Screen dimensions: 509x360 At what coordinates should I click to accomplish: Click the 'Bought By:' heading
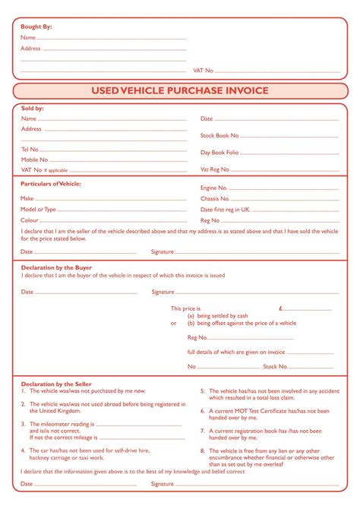coord(36,27)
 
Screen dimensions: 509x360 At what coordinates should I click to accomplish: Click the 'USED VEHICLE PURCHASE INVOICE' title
coord(180,91)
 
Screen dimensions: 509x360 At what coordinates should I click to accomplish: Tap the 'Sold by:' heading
coord(33,109)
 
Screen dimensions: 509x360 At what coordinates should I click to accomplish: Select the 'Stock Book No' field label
coord(219,136)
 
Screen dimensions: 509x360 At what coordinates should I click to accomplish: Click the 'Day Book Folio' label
coord(219,153)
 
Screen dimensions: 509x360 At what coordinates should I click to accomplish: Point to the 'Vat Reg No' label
coord(214,169)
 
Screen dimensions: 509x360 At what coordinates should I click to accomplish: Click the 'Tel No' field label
coord(30,150)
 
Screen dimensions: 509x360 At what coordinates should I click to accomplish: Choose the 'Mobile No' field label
coord(34,160)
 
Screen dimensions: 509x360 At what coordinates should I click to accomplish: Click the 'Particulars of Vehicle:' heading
coord(51,184)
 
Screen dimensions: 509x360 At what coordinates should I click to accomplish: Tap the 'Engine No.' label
coord(213,188)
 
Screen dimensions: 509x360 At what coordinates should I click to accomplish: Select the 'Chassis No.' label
coord(214,198)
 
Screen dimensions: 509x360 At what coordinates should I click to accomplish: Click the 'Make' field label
coord(27,198)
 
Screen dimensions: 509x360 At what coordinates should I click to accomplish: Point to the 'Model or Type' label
coord(38,209)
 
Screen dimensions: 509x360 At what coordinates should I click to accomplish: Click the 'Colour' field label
coord(30,220)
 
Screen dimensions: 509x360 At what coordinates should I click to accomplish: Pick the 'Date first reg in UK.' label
coord(226,209)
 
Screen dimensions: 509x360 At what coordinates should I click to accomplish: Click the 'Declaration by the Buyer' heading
coord(56,267)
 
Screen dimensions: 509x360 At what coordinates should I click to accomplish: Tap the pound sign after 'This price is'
coord(281,308)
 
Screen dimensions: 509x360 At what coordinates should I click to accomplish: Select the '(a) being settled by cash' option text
coord(218,315)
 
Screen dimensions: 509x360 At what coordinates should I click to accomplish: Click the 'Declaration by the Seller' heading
coord(56,384)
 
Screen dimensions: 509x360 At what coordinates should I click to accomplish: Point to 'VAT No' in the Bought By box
coord(204,70)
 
